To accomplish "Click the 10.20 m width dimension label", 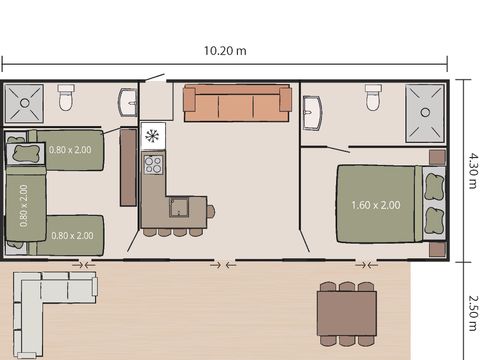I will [225, 50].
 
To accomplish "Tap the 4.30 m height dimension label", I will [472, 170].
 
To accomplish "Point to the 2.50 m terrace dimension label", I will [472, 310].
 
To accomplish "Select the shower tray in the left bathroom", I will [21, 101].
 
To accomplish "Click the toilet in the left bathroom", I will [66, 97].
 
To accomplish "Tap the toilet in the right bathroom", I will [373, 96].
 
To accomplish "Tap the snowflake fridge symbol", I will [152, 135].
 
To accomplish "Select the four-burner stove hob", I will [153, 163].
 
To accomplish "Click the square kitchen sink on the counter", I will [180, 208].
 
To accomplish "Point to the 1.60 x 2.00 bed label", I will [376, 205].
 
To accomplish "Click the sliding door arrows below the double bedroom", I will [367, 265].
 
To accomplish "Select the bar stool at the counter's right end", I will [211, 210].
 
